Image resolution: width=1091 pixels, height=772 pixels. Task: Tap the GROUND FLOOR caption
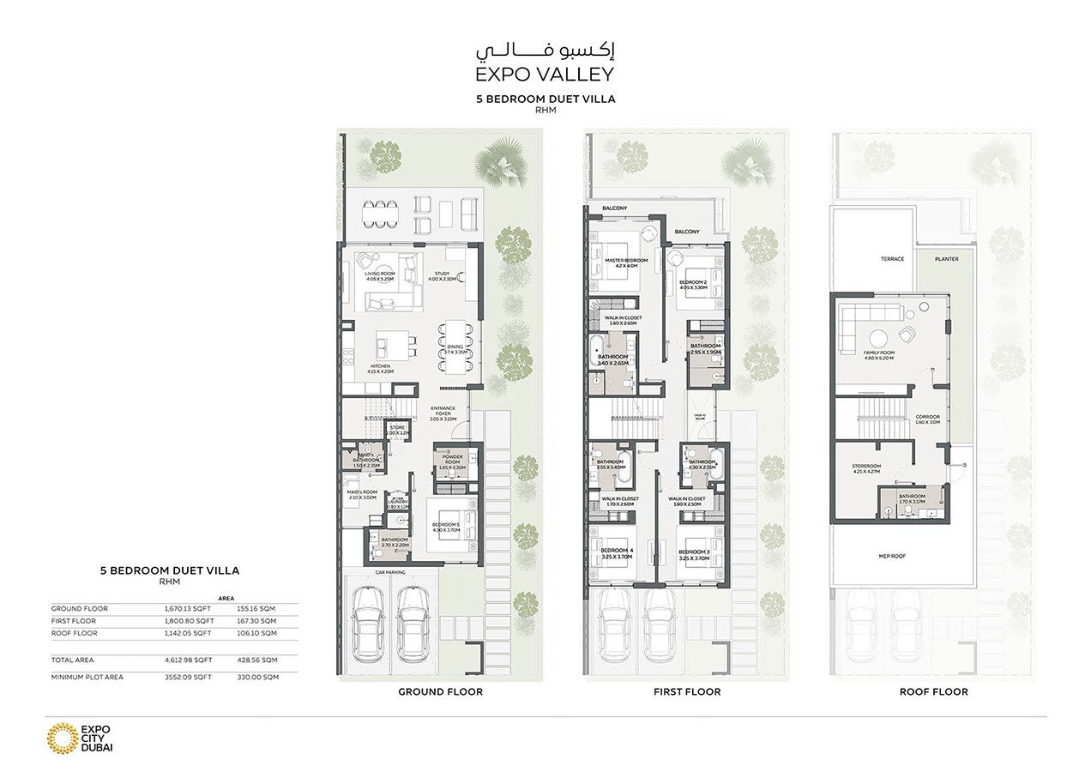pyautogui.click(x=440, y=691)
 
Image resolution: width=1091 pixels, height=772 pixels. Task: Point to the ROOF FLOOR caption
pyautogui.click(x=933, y=691)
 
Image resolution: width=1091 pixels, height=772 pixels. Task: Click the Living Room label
pyautogui.click(x=378, y=275)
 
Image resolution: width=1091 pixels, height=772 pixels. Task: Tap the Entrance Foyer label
pyautogui.click(x=443, y=412)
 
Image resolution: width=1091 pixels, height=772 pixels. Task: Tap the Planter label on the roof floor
pyautogui.click(x=947, y=259)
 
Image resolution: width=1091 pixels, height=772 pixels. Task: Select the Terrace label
pyautogui.click(x=892, y=259)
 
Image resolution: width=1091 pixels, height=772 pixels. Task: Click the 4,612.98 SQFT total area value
pyautogui.click(x=189, y=660)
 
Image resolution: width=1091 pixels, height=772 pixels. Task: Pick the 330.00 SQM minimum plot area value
pyautogui.click(x=258, y=677)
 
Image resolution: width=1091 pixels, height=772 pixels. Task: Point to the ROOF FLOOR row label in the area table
pyautogui.click(x=74, y=633)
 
